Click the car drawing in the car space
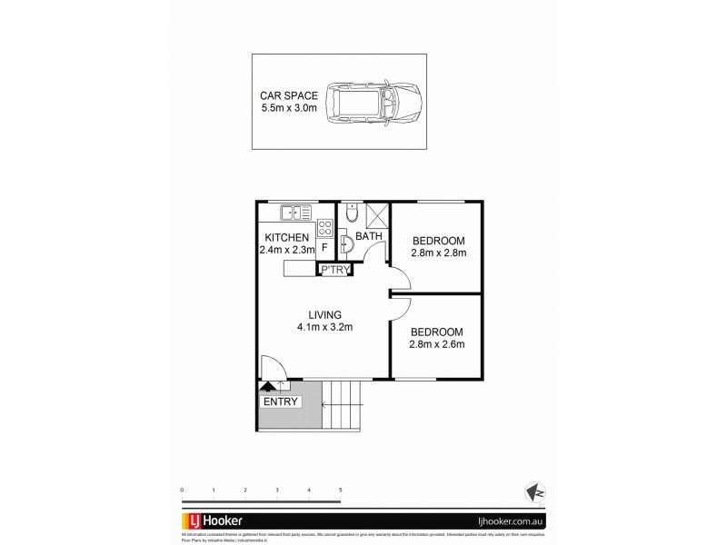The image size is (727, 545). click(373, 101)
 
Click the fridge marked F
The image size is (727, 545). click(324, 247)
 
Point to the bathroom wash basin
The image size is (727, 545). click(346, 244)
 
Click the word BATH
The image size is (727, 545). click(368, 237)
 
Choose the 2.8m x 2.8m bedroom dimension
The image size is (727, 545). click(439, 253)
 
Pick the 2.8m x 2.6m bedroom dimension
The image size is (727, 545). click(437, 344)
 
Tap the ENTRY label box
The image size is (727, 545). click(281, 401)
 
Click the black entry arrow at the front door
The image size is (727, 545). click(267, 386)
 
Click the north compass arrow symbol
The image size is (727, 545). click(534, 491)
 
